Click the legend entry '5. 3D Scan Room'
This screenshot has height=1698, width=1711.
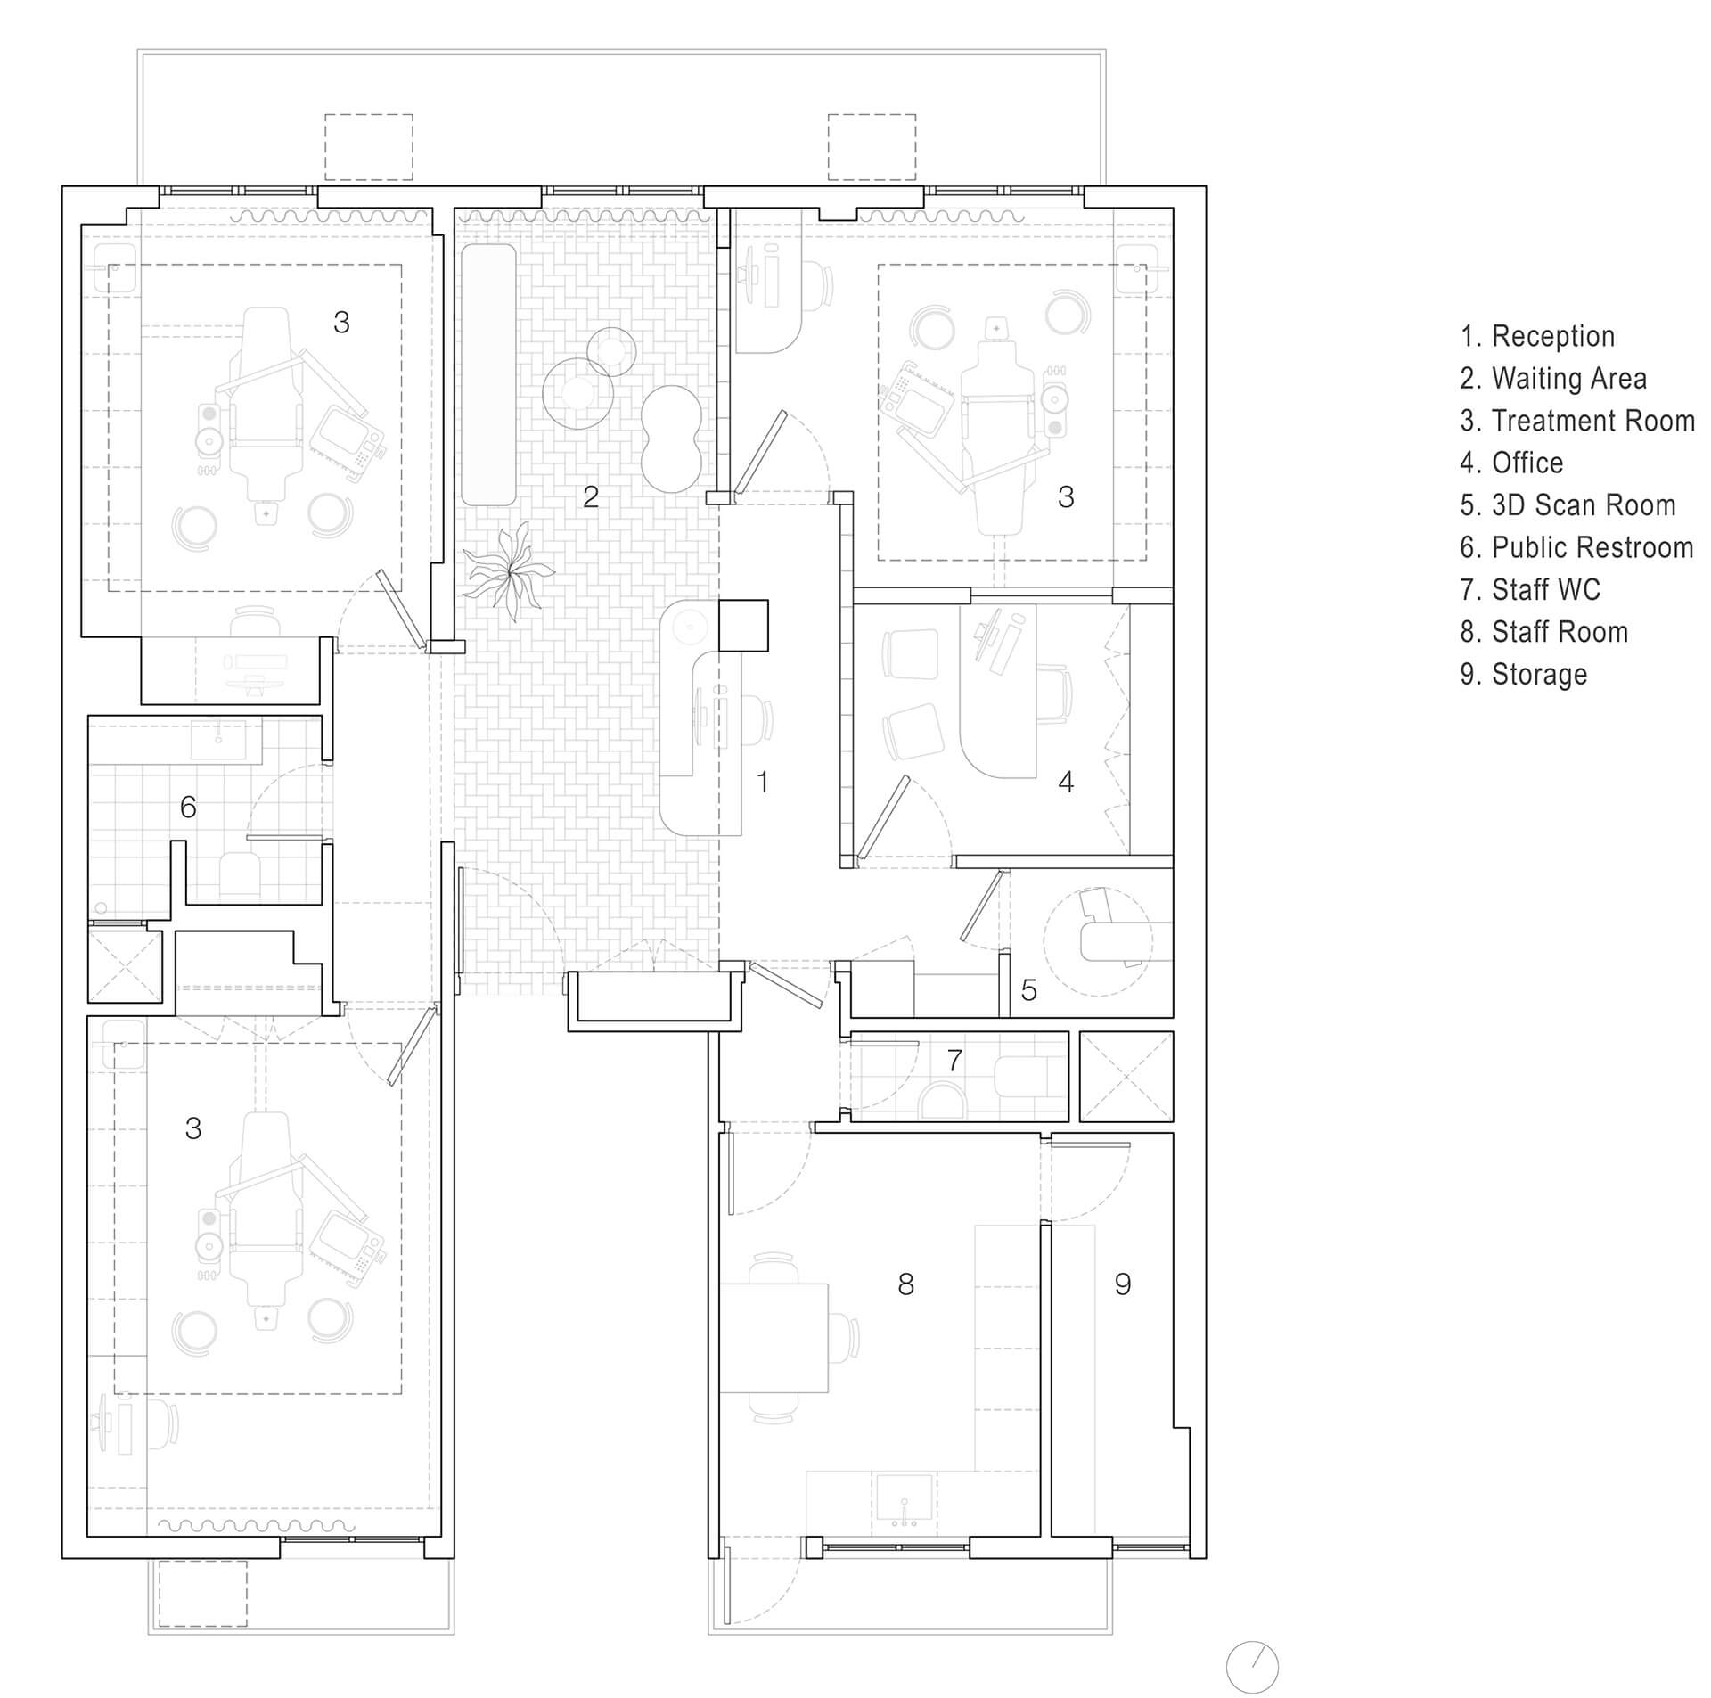(1568, 505)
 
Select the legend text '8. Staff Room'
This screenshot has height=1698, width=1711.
(1543, 632)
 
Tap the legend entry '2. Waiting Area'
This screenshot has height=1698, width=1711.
(1552, 378)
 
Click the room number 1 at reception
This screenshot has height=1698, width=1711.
(762, 782)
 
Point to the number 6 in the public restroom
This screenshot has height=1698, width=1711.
(188, 807)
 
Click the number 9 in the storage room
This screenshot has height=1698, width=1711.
(1122, 1284)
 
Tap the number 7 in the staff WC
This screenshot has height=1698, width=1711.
(954, 1060)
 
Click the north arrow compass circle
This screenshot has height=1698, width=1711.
(1252, 1667)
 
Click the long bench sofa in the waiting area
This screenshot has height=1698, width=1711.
(488, 374)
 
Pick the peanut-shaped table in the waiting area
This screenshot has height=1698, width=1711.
(672, 438)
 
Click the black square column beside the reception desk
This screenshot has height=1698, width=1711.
(742, 626)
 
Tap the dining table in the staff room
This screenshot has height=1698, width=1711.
(774, 1337)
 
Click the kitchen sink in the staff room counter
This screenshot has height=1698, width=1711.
(905, 1497)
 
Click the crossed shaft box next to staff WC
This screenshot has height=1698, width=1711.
(1126, 1076)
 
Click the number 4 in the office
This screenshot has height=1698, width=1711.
(1065, 782)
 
